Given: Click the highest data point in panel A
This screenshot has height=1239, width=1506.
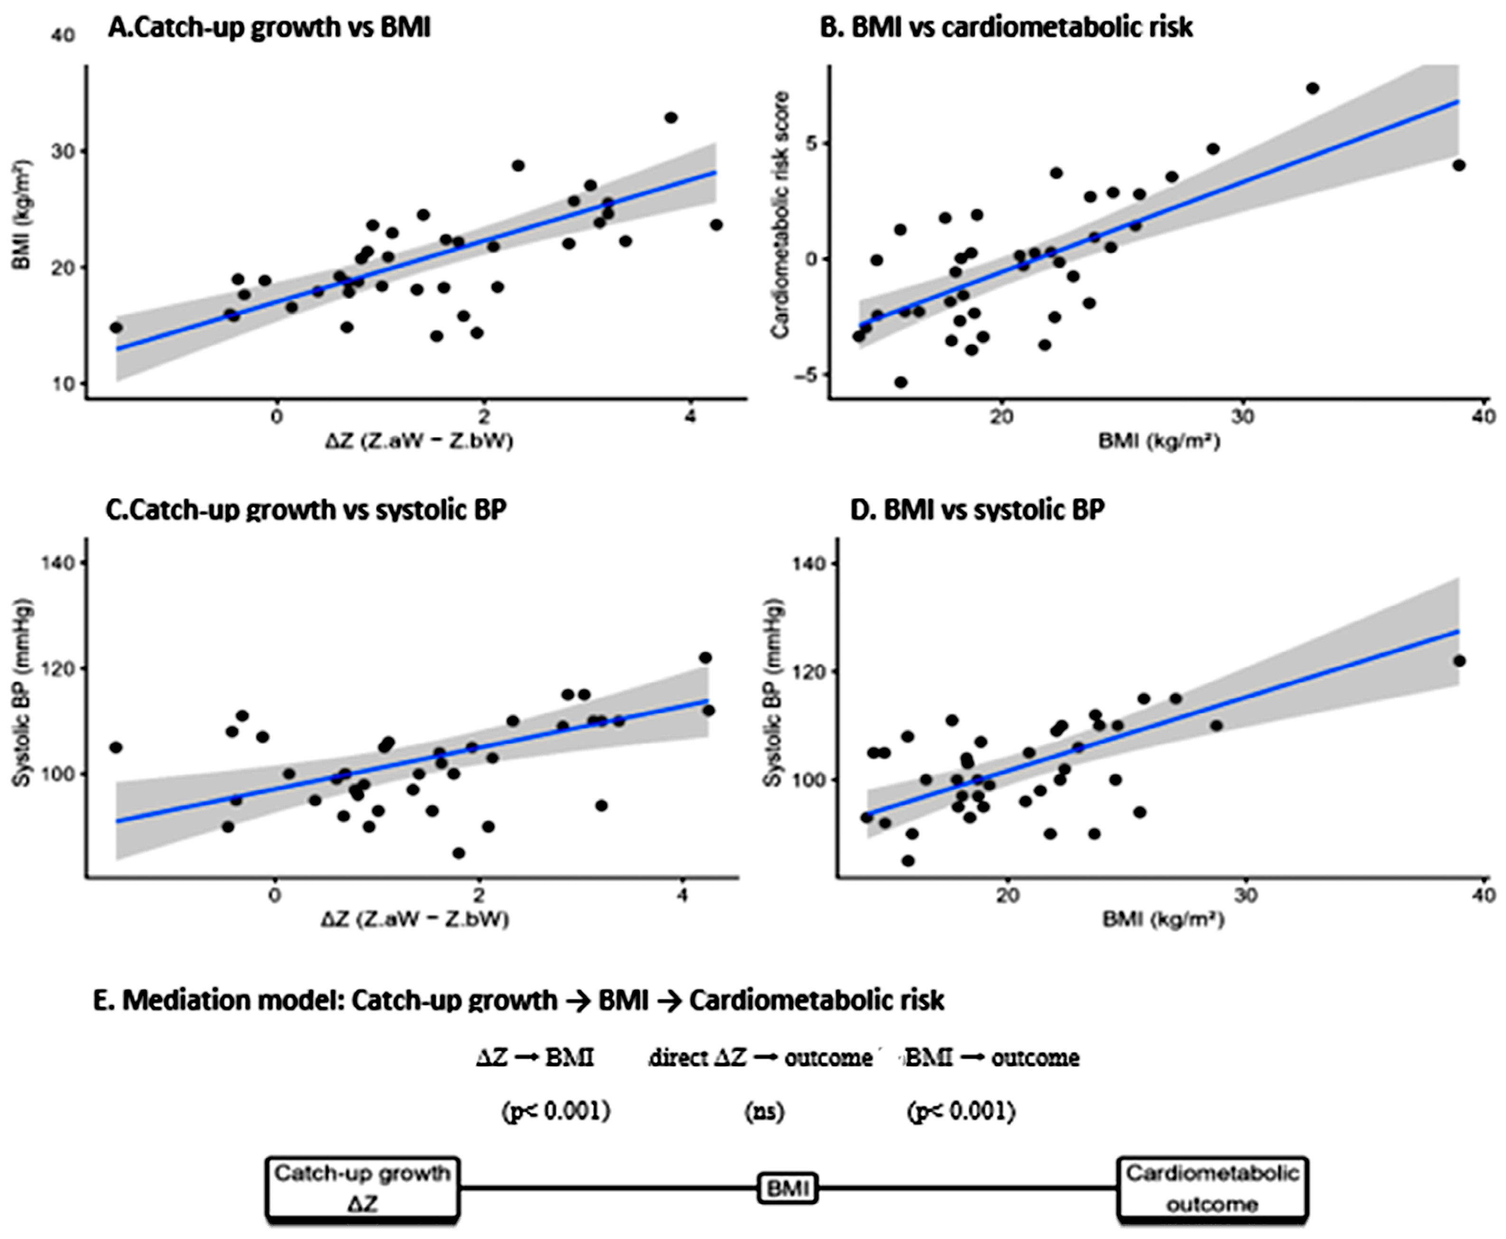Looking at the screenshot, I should pos(671,117).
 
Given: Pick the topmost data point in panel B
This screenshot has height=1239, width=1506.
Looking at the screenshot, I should pos(1313,88).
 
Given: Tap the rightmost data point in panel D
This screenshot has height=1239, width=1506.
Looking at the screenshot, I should pos(1459,661).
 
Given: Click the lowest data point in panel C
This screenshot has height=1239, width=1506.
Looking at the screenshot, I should pos(458,853).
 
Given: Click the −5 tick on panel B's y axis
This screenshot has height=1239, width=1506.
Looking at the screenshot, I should pos(807,375).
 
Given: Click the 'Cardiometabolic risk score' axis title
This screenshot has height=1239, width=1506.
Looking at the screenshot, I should pos(781,214).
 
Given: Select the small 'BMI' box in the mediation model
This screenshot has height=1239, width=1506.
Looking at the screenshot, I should pos(787,1188).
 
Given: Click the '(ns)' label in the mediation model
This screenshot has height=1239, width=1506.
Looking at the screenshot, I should pos(765,1111).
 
